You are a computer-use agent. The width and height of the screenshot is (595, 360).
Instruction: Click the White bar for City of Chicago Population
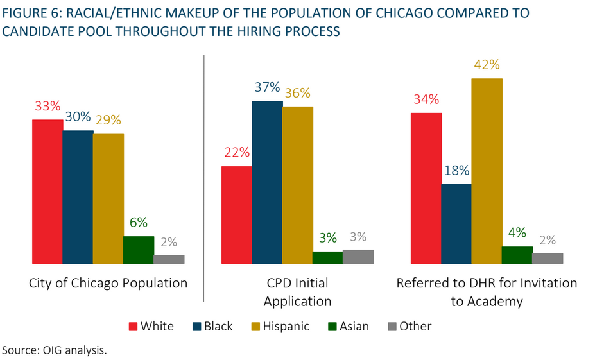tap(47, 191)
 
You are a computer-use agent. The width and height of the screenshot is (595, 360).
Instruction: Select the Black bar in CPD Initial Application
tap(267, 182)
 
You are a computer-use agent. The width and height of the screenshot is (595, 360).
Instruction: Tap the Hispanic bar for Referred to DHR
tap(487, 171)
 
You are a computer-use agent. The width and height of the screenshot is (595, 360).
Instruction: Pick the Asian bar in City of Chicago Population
tap(139, 250)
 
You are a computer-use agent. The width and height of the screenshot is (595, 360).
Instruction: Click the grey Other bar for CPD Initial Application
tap(358, 257)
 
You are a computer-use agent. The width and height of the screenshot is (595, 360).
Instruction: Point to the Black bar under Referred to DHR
tap(456, 224)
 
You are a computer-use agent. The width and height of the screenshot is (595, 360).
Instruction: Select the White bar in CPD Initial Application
tap(236, 215)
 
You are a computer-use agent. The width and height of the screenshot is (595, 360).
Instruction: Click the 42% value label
tap(487, 65)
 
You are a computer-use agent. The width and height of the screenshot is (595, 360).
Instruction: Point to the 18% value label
tap(456, 171)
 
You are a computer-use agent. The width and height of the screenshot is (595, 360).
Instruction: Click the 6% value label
tap(139, 223)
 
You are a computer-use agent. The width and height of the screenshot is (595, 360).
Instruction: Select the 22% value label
tap(237, 153)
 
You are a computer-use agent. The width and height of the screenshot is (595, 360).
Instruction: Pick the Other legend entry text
tap(415, 327)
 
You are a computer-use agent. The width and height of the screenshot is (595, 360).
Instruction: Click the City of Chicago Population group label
tap(108, 283)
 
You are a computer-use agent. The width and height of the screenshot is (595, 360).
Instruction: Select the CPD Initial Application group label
tap(298, 292)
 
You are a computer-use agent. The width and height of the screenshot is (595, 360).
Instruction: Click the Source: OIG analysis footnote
tap(54, 349)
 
